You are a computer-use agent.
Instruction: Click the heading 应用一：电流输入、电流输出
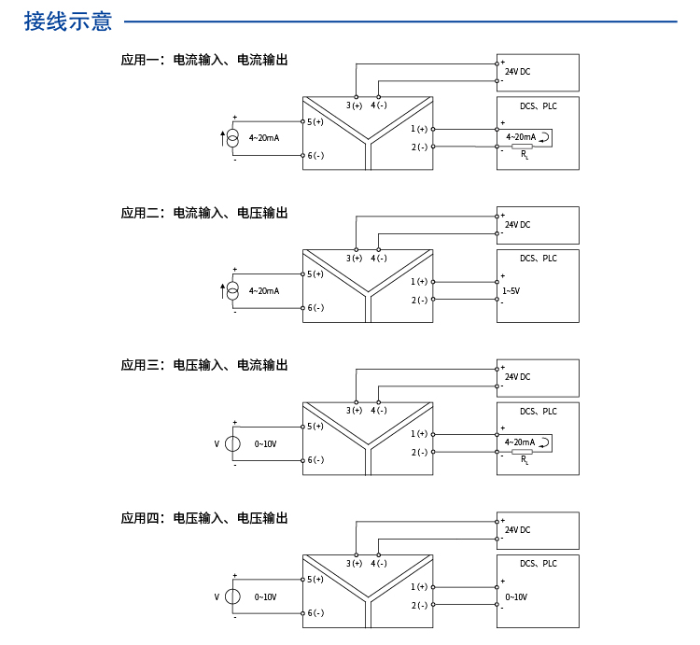203,60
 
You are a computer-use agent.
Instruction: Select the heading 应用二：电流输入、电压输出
203,213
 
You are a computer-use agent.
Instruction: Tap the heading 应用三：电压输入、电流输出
203,365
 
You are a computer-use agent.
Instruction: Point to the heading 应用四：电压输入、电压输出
203,518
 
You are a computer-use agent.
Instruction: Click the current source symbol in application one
234,138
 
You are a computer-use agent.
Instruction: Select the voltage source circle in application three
233,443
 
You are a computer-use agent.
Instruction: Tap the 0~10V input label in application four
265,596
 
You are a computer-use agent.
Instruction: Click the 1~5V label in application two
511,291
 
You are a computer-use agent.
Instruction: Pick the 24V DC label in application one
517,72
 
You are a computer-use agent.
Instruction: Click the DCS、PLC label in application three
538,411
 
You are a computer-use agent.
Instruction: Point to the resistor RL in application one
523,147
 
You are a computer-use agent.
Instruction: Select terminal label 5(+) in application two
315,274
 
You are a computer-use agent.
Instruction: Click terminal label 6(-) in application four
315,613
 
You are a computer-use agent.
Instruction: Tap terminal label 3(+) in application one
354,105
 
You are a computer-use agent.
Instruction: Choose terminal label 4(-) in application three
378,411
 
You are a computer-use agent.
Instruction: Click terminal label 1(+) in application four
419,586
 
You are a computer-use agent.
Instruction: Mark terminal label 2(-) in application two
419,300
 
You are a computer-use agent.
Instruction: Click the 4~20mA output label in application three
519,442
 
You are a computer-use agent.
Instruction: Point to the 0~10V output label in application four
516,596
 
